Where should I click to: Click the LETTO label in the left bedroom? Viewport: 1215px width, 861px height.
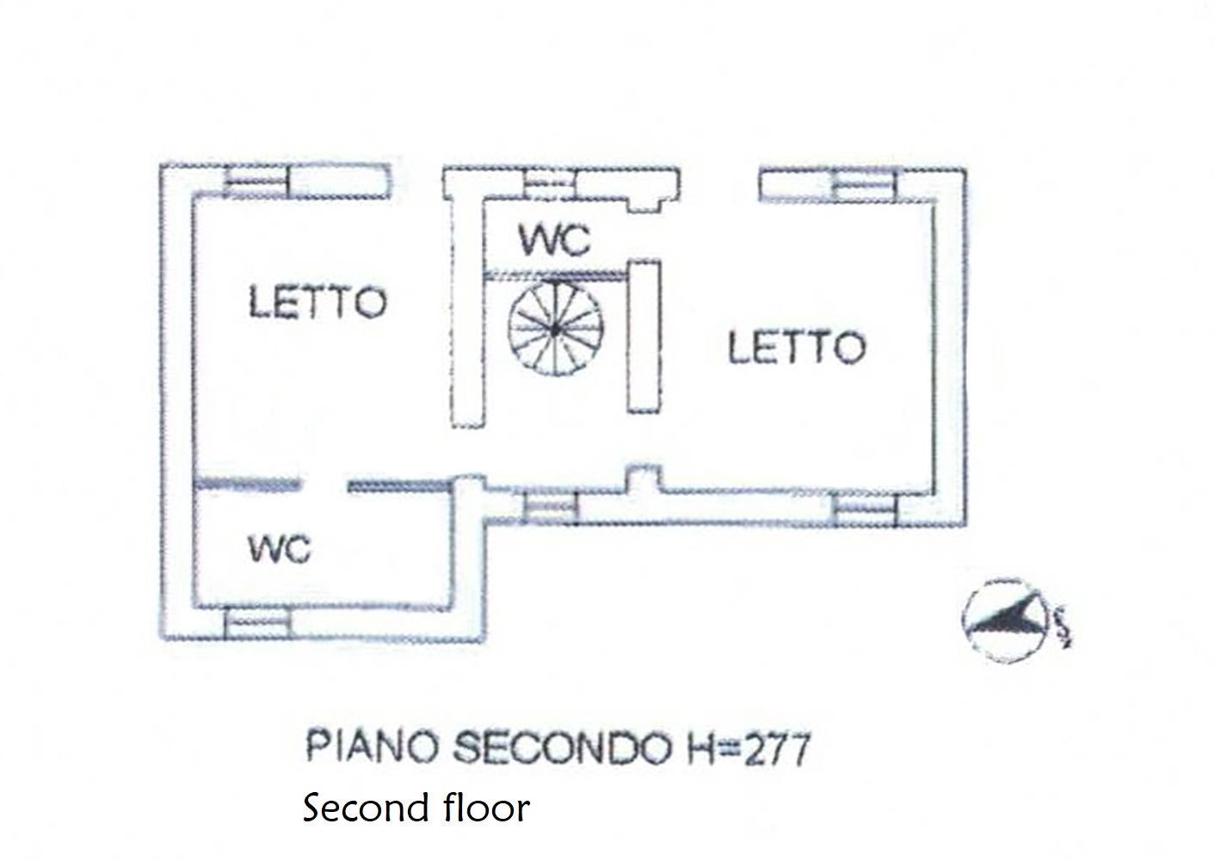tap(318, 303)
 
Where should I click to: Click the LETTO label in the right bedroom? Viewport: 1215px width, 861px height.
tap(796, 348)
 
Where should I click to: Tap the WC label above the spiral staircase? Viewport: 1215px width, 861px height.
tap(555, 240)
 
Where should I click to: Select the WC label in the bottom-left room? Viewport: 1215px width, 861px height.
tap(279, 548)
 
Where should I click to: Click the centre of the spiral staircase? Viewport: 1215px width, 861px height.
tap(556, 328)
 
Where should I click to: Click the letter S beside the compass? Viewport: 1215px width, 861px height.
tap(1063, 626)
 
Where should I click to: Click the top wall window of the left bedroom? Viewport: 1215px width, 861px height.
tap(256, 182)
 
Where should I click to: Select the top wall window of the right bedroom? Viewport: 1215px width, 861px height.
tap(865, 185)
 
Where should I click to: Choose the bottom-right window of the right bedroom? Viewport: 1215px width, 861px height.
tap(865, 510)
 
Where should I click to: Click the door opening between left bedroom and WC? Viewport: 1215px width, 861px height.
tap(324, 486)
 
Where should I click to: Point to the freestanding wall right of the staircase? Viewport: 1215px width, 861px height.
tap(644, 336)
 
